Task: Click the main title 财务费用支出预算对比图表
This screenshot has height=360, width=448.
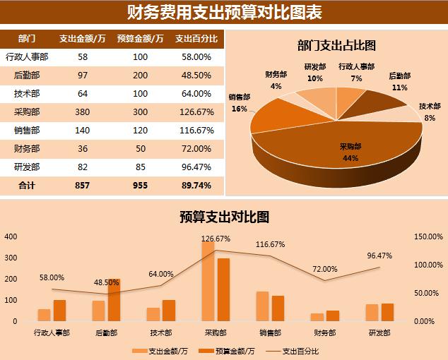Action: click(x=223, y=13)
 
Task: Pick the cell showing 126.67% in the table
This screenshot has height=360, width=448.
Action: click(x=196, y=112)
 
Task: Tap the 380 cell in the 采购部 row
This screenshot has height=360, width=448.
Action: click(x=83, y=112)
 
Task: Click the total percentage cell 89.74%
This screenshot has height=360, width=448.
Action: click(x=196, y=185)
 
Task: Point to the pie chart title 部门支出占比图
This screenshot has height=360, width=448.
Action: click(x=336, y=46)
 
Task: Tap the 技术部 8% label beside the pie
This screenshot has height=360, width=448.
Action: click(x=429, y=112)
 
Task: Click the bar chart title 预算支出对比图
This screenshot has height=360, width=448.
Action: click(x=224, y=217)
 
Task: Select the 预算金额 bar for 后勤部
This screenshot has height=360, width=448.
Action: click(x=114, y=300)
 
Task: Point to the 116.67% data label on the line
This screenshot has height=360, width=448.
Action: click(x=270, y=244)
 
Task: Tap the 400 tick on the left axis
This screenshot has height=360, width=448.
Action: click(x=11, y=236)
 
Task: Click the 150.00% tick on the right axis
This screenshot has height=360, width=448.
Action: click(x=428, y=236)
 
